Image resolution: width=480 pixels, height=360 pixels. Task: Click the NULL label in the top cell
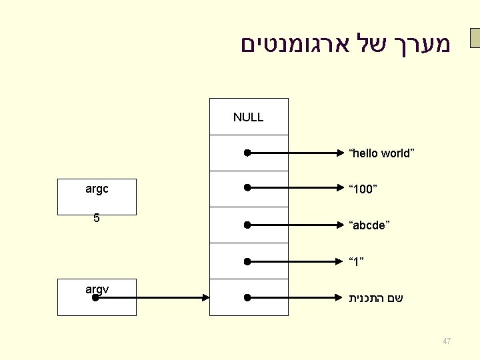click(x=248, y=117)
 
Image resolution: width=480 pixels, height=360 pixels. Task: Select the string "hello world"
click(x=381, y=153)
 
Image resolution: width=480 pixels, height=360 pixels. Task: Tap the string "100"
click(x=363, y=189)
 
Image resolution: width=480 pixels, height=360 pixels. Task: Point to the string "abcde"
click(x=369, y=225)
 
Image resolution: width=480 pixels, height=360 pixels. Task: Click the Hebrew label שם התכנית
click(x=375, y=298)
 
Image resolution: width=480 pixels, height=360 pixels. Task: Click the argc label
click(x=97, y=189)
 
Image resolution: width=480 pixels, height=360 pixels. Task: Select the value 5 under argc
click(x=97, y=218)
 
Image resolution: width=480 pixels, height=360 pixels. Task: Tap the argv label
click(x=97, y=289)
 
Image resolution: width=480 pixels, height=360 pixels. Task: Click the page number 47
click(x=447, y=341)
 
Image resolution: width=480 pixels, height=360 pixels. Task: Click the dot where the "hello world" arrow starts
click(x=247, y=153)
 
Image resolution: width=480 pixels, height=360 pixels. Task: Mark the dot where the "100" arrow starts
click(x=247, y=189)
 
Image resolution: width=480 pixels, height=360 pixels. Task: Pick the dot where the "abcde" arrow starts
click(x=247, y=225)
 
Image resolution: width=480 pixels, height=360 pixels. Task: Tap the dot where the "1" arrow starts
click(x=247, y=261)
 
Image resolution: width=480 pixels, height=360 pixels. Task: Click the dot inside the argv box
click(x=95, y=297)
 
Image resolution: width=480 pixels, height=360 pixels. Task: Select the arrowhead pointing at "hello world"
click(x=337, y=153)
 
